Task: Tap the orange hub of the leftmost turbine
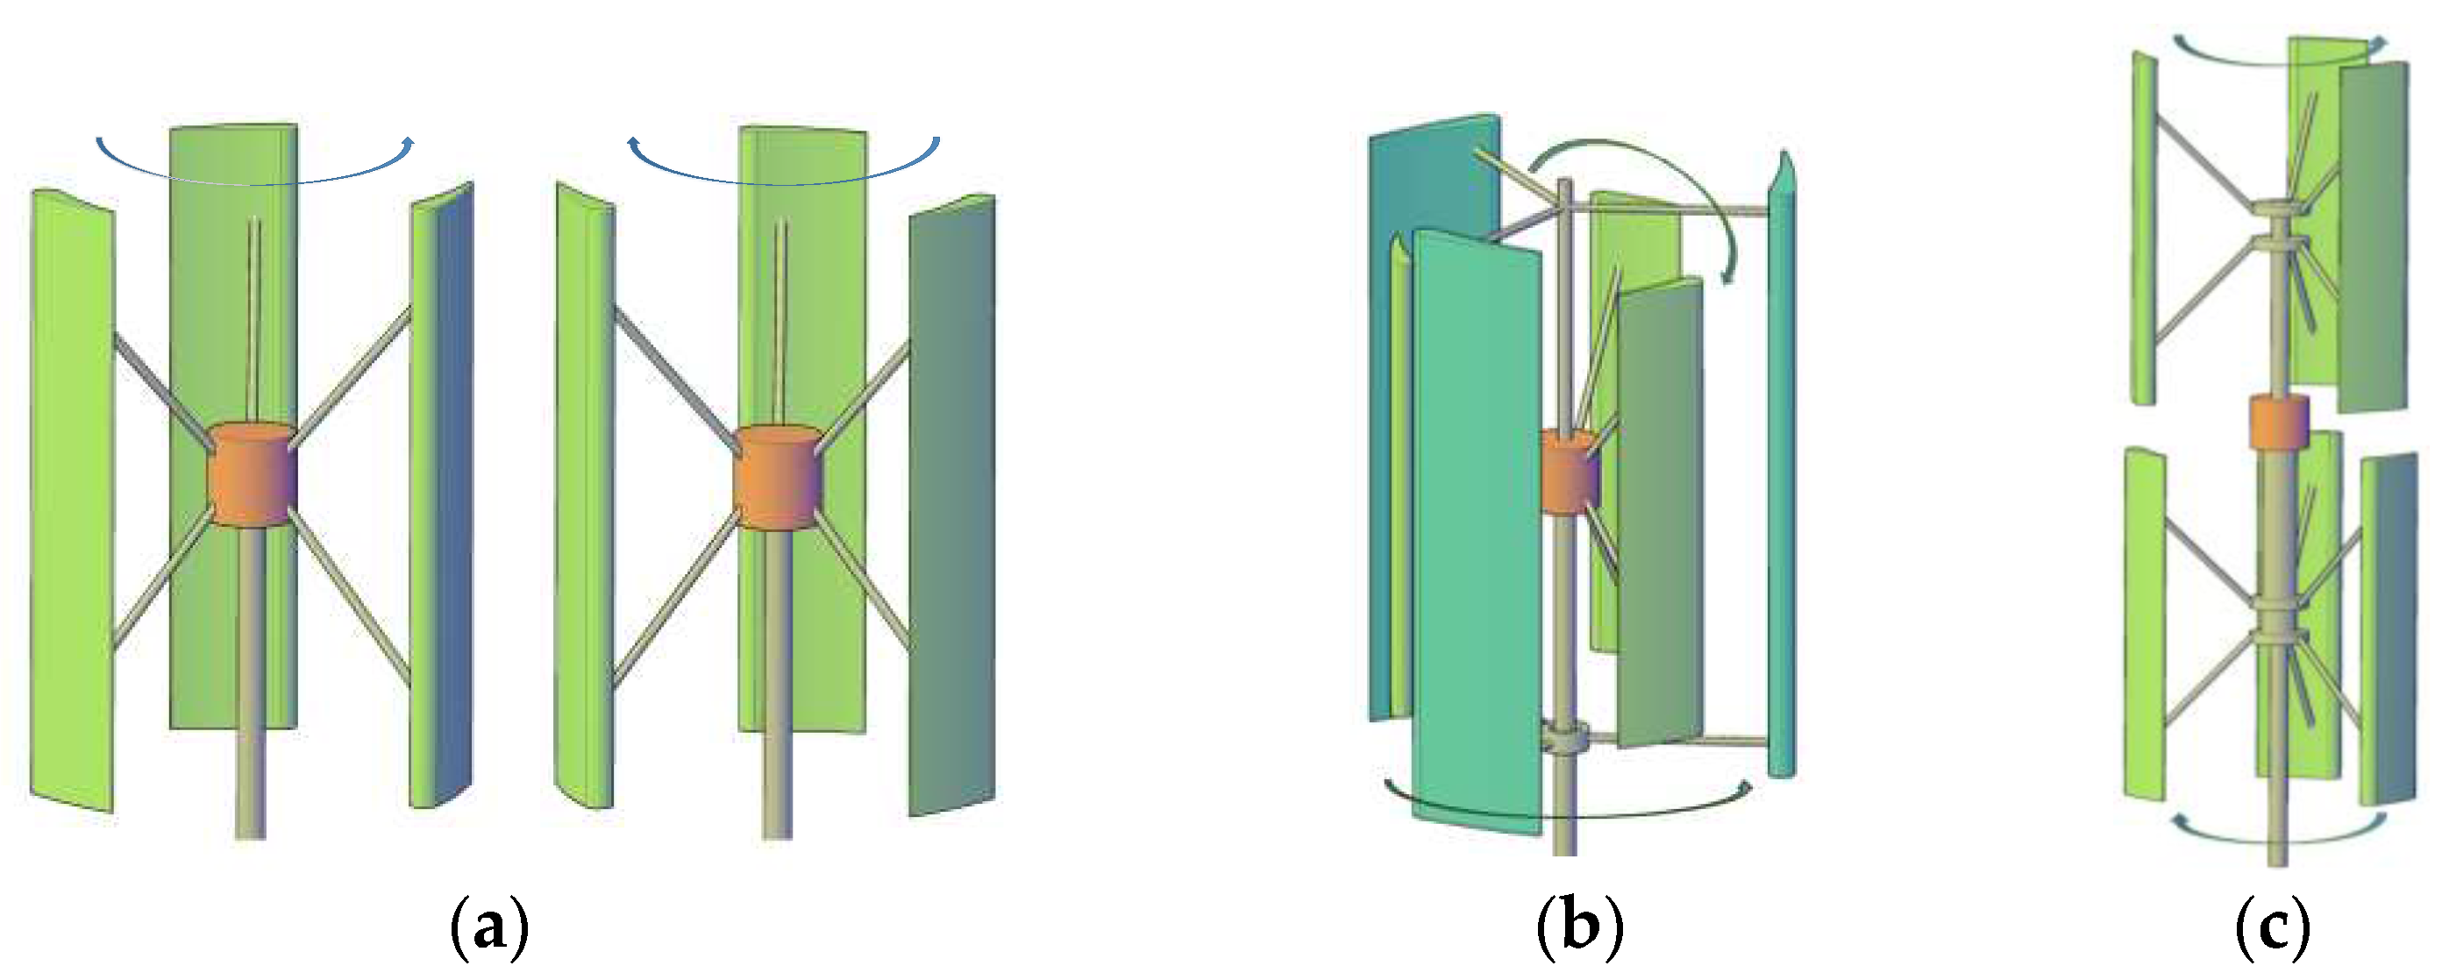click(252, 473)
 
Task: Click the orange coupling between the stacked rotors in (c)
click(2279, 420)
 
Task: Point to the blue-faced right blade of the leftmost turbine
click(452, 494)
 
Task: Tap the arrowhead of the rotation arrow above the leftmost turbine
click(409, 143)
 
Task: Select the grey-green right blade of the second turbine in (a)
click(951, 504)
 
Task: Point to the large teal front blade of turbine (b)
click(1477, 532)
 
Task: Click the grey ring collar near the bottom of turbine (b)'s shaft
click(1565, 737)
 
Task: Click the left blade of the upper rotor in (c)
click(2143, 228)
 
